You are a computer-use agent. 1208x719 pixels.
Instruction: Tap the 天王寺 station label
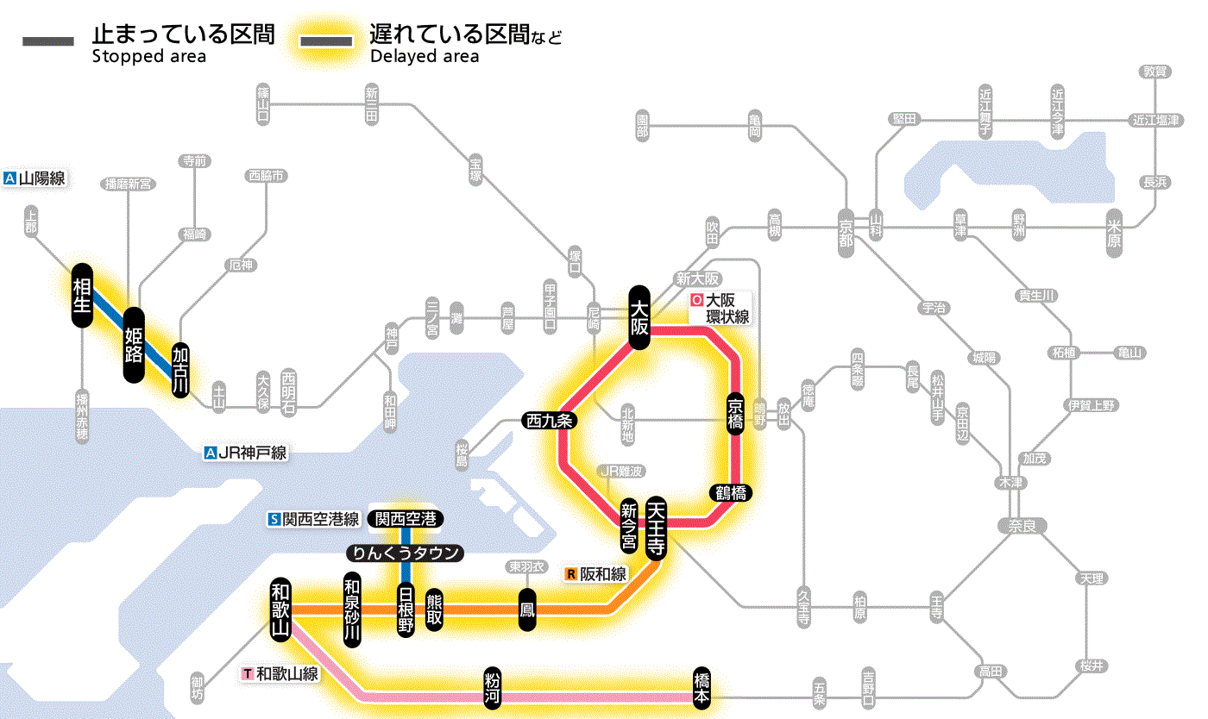click(655, 528)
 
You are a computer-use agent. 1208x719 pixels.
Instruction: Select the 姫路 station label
click(134, 345)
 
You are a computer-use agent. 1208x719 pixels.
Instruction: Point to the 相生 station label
click(82, 295)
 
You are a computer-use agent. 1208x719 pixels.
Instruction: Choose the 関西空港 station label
click(406, 519)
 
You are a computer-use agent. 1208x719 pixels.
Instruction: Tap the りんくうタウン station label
click(405, 553)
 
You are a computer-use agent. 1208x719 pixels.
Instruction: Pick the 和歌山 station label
click(280, 609)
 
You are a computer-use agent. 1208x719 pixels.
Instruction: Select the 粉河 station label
click(493, 687)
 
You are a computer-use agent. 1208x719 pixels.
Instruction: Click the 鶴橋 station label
click(730, 493)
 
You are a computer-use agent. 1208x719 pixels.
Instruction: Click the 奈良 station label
click(1022, 525)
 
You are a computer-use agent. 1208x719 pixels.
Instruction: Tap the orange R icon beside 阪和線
click(571, 573)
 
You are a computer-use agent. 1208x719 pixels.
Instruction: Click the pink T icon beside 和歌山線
click(249, 672)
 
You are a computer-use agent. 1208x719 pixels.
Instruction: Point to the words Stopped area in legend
click(148, 57)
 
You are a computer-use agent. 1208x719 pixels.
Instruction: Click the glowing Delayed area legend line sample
click(325, 41)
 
